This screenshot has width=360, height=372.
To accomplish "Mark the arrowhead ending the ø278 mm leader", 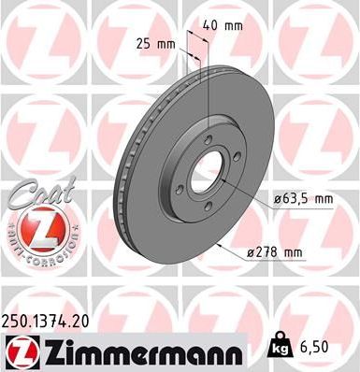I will (x=218, y=246).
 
